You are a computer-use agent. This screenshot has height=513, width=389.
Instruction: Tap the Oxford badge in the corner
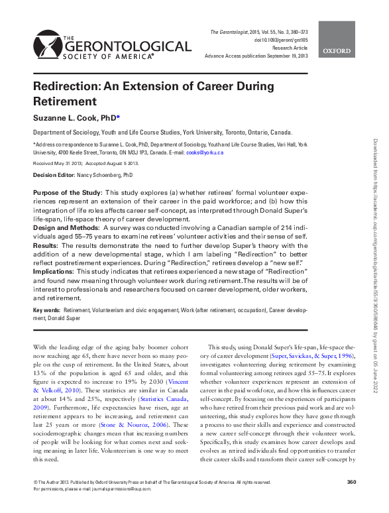338,40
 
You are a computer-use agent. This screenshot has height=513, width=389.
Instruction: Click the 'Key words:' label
47,310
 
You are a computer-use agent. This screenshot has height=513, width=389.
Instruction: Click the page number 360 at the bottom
352,500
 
